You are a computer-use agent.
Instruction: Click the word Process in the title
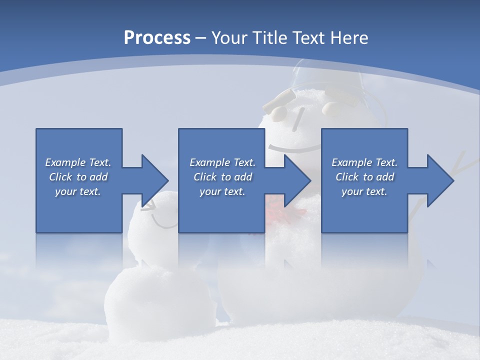(157, 38)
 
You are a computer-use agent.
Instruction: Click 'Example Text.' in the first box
(78, 162)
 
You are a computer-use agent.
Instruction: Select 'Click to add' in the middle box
(222, 177)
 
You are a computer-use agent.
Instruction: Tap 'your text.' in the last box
(364, 191)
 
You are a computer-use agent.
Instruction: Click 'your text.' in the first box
(78, 191)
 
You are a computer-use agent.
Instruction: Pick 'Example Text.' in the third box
(364, 162)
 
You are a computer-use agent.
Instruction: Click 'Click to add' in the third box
(364, 177)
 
